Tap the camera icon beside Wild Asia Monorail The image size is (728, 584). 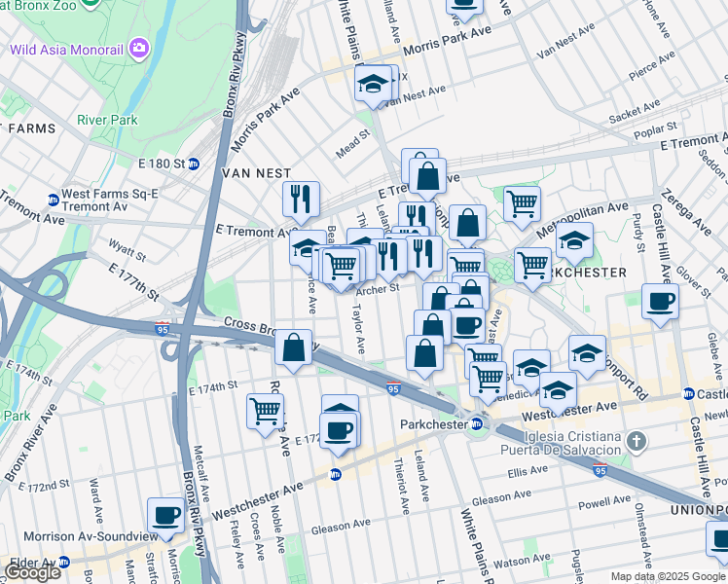(140, 47)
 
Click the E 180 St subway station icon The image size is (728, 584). (194, 164)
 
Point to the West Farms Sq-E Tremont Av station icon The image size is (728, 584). (52, 201)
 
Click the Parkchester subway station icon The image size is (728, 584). (477, 424)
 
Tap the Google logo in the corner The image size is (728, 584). (32, 572)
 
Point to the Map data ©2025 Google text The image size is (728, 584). (667, 576)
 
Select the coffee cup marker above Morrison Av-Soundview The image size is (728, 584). (165, 515)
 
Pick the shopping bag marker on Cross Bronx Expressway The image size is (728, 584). (294, 347)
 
